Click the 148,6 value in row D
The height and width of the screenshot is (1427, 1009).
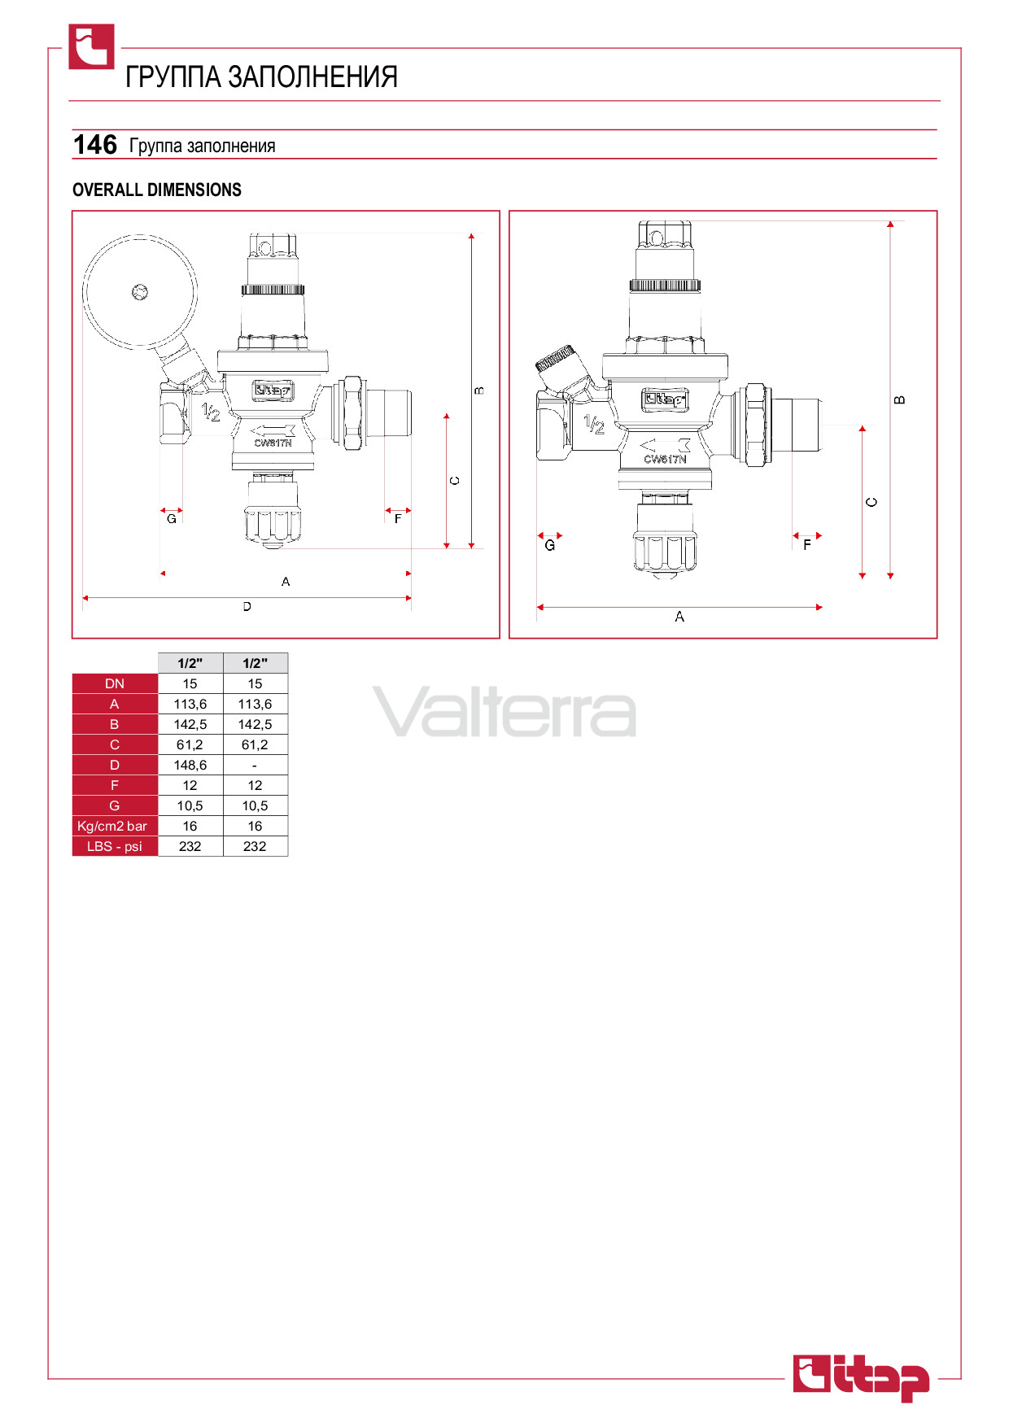tap(190, 765)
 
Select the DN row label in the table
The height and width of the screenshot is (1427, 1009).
tap(115, 683)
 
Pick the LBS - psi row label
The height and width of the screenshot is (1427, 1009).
tap(115, 846)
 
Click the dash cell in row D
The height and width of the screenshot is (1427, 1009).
tap(255, 766)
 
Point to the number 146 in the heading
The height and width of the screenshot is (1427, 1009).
tap(95, 145)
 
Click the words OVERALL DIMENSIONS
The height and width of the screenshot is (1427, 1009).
tap(157, 190)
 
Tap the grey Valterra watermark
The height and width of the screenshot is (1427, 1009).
tap(504, 711)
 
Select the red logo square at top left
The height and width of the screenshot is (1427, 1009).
tap(91, 46)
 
